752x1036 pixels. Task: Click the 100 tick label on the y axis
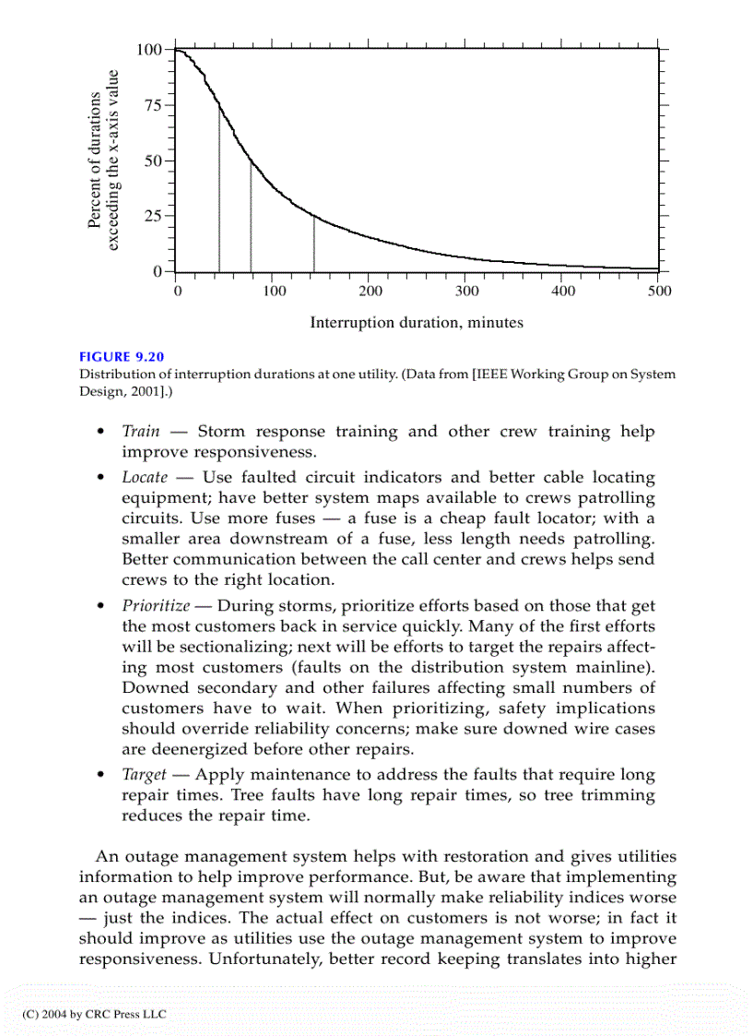pos(149,49)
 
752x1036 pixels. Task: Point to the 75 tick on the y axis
pos(153,105)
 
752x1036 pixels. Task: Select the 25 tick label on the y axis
pos(153,217)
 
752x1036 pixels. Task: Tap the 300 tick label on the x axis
pos(466,292)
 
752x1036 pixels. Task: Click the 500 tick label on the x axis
pos(659,292)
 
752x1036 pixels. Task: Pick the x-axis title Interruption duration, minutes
pos(417,322)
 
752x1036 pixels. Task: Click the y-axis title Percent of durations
pos(94,160)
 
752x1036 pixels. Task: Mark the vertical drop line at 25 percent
pos(314,244)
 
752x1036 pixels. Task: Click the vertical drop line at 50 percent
pos(251,217)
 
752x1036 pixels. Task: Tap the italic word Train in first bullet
pos(140,432)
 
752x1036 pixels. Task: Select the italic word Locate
pos(145,478)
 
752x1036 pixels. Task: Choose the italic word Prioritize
pos(156,606)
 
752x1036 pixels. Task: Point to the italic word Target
pos(144,776)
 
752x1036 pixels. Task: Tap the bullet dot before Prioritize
pos(100,607)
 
